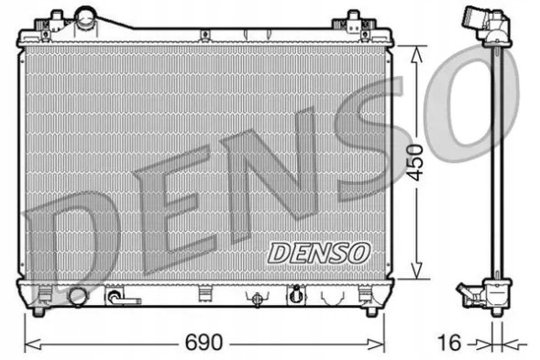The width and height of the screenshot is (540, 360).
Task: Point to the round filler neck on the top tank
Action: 86,17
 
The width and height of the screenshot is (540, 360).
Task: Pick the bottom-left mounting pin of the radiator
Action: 38,311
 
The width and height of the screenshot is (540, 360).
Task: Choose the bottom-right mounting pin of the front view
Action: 370,311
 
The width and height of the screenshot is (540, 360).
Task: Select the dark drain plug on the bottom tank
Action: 295,296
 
